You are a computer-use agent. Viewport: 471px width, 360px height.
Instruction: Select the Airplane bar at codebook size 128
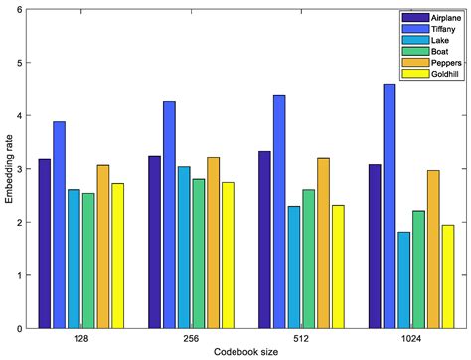[45, 244]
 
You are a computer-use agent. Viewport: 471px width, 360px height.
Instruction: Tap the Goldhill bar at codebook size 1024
[448, 276]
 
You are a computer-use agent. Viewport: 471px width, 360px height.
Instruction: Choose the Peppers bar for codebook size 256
[213, 243]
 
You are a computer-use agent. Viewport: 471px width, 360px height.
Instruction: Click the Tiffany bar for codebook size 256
[169, 215]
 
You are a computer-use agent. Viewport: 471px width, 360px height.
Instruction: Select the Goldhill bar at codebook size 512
[339, 267]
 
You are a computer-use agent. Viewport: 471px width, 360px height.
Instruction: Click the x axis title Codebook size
[245, 352]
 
